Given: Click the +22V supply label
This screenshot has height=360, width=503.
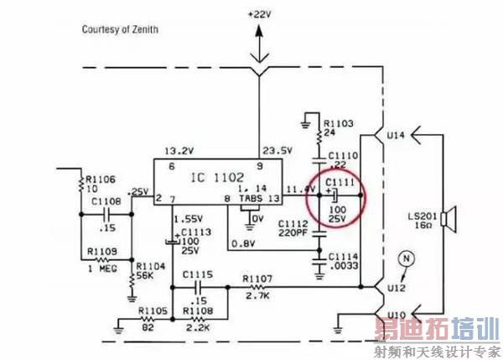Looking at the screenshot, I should point(261,15).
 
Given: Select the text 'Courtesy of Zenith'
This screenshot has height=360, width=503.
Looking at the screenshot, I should point(120,30).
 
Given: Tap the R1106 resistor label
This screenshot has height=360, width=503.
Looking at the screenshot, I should point(95,178).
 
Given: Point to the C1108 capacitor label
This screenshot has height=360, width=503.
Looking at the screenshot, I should point(105,201).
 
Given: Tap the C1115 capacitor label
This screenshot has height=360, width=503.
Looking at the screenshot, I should point(198,274).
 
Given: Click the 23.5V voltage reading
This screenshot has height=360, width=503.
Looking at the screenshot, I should point(278,151).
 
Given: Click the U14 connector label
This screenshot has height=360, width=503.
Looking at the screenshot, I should point(397,133).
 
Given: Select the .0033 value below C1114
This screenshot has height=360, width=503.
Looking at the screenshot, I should point(344,265).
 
